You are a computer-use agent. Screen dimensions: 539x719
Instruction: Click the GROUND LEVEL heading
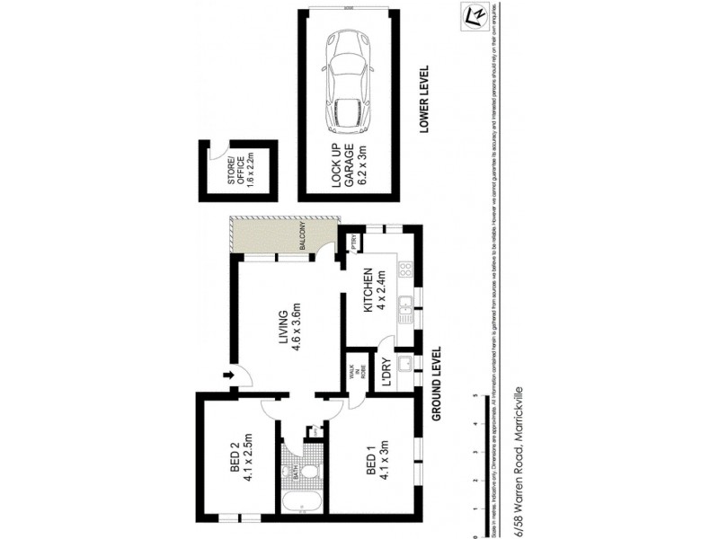(x=437, y=384)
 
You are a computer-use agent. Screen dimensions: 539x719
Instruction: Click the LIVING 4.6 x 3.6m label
(x=288, y=331)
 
